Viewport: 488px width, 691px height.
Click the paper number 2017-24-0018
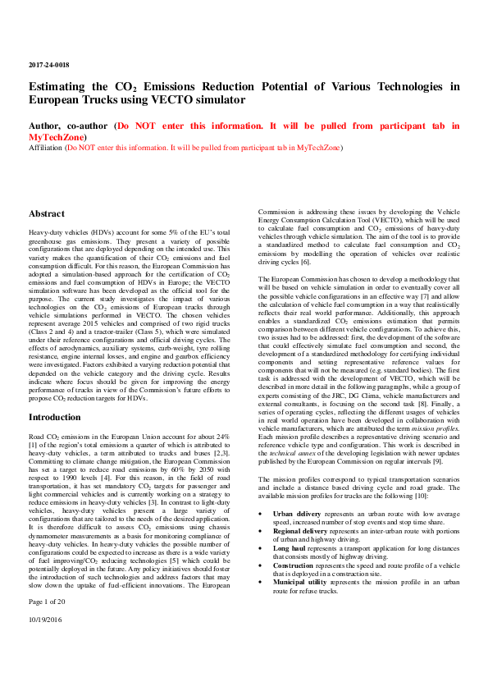(x=48, y=63)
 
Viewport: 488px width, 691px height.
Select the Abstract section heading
(x=46, y=213)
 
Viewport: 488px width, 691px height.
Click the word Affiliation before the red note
(x=47, y=148)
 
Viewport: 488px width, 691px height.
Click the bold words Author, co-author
(x=70, y=126)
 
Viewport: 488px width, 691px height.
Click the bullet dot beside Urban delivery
(x=260, y=514)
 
